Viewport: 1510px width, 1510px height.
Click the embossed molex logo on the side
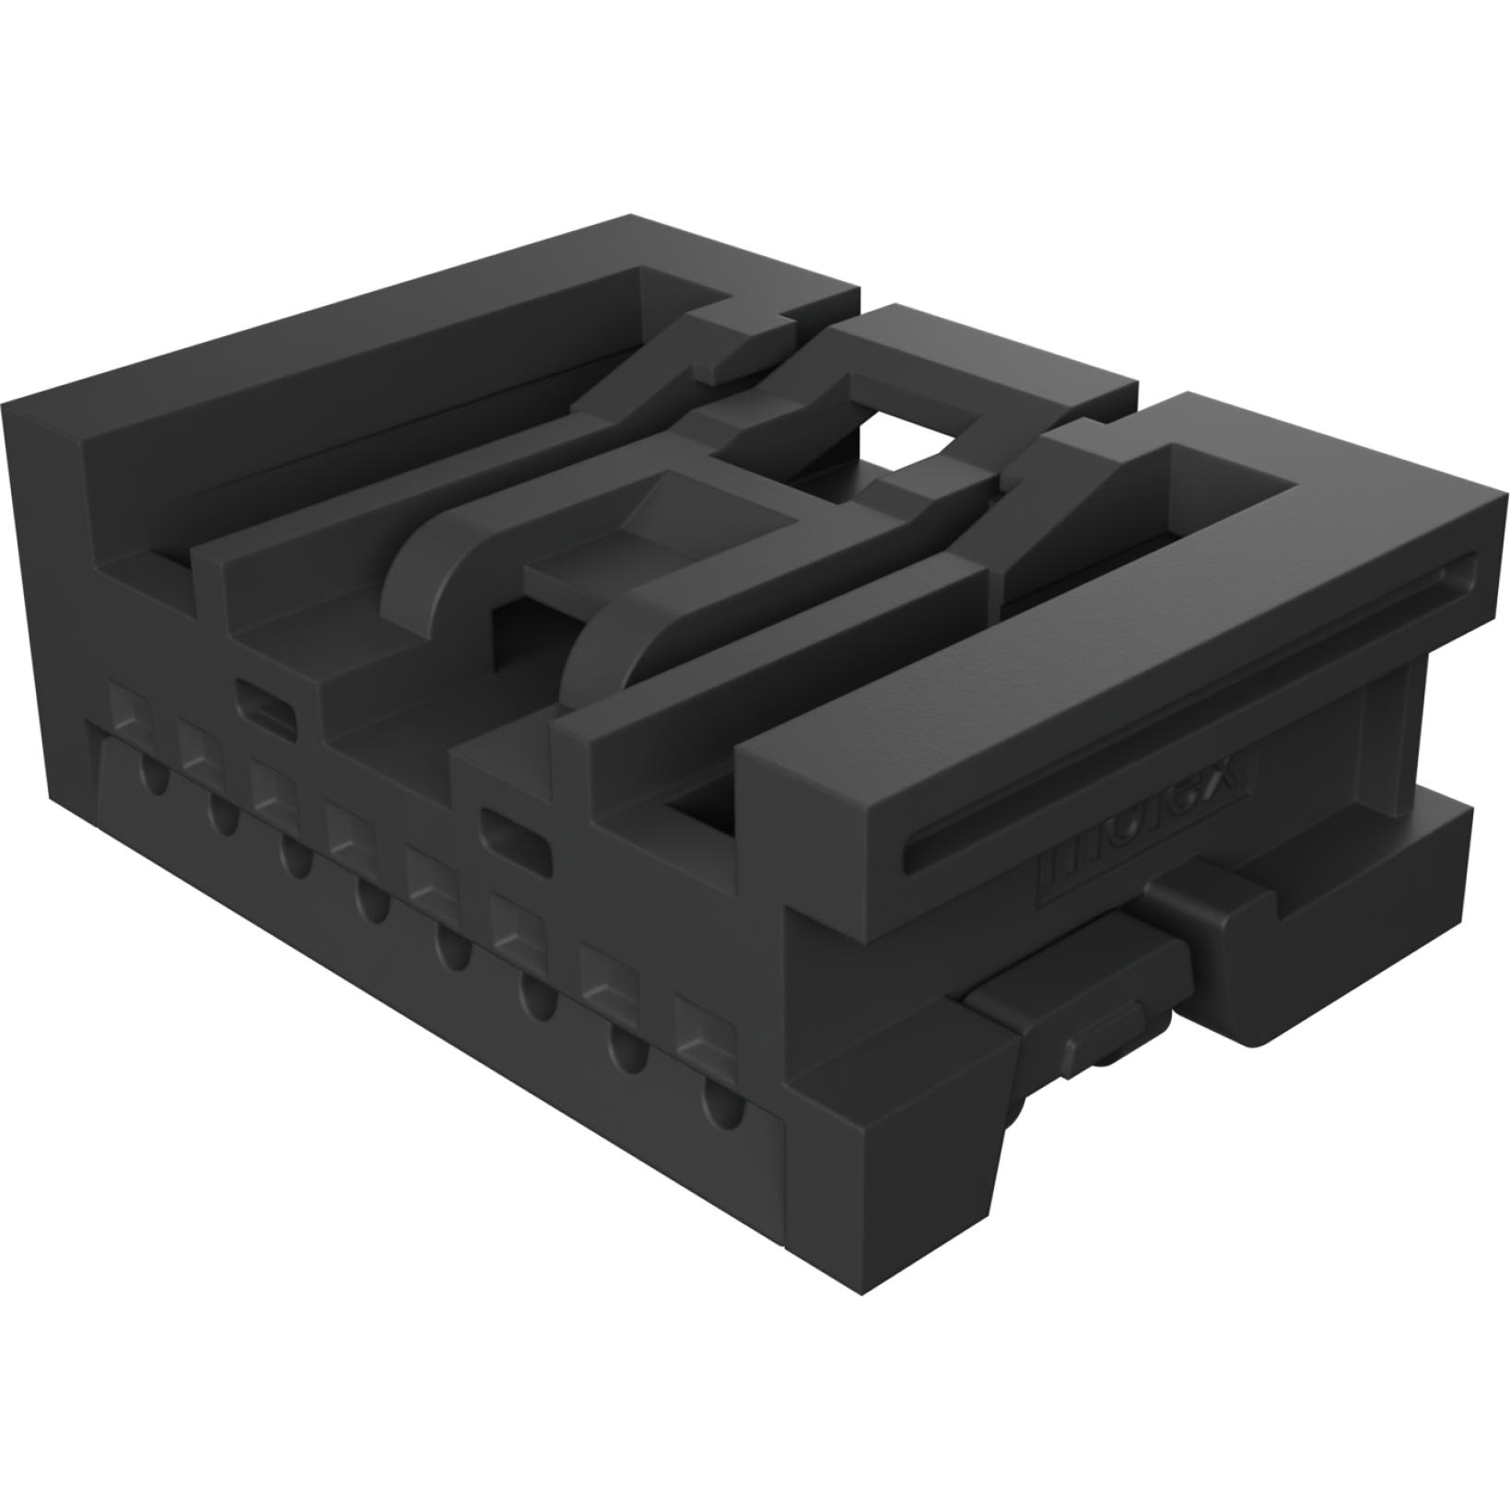point(1142,823)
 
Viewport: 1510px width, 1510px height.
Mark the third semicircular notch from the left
point(295,857)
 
